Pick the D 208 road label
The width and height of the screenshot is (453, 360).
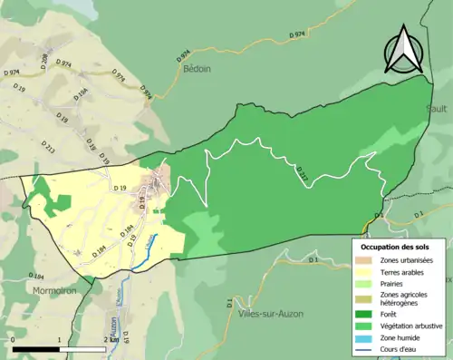click(x=43, y=61)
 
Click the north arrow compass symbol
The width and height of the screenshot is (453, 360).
click(x=404, y=49)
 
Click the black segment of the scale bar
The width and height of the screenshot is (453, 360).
click(x=35, y=349)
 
